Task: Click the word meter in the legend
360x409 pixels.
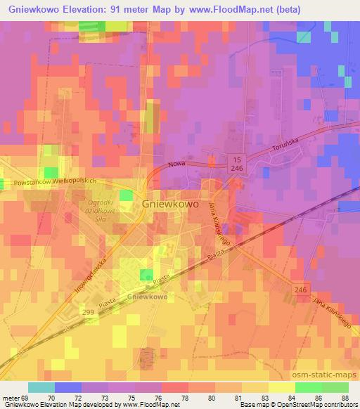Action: click(x=12, y=396)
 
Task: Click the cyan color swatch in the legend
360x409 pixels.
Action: click(x=41, y=387)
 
